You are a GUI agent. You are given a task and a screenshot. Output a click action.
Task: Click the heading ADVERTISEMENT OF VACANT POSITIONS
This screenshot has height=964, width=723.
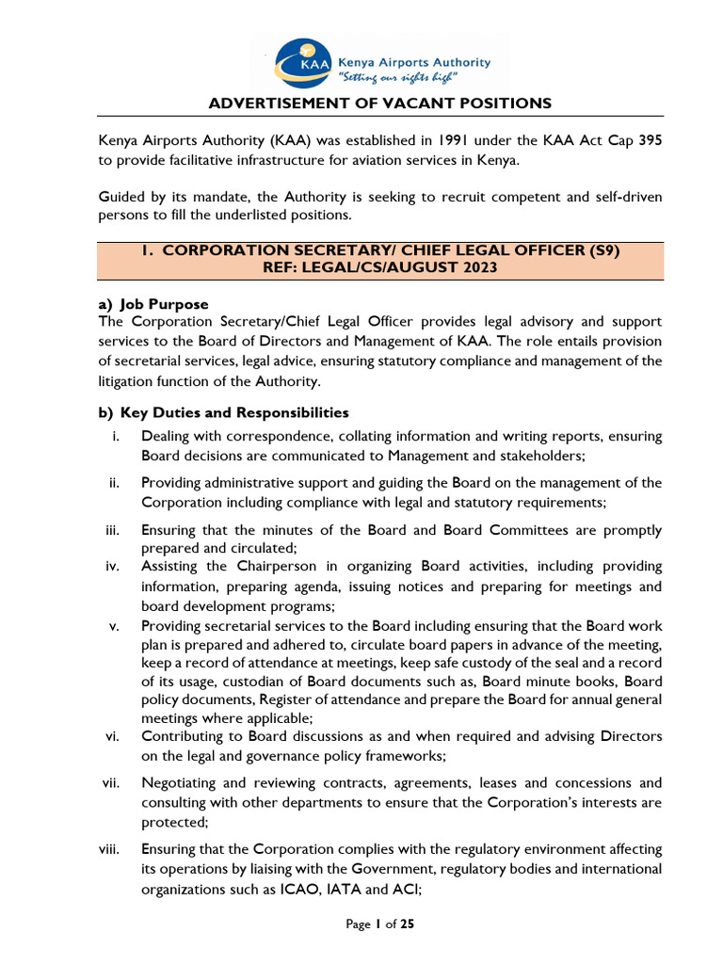[379, 104]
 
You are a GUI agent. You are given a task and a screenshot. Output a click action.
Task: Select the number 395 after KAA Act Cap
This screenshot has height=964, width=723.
[650, 141]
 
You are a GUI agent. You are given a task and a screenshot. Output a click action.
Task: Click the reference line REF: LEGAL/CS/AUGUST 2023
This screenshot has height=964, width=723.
[379, 268]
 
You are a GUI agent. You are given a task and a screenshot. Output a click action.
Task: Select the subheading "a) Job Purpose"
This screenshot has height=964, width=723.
[153, 304]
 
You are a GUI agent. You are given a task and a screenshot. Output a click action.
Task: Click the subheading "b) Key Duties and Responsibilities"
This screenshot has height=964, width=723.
[223, 412]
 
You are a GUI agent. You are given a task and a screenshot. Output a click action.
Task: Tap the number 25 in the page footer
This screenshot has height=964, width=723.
[407, 924]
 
